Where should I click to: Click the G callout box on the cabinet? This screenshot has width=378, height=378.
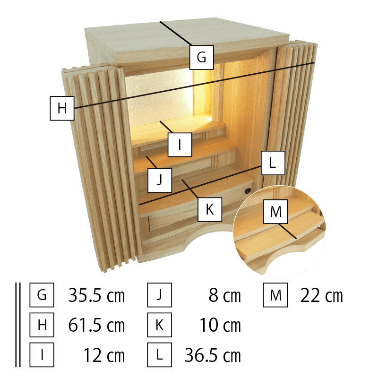point(201,57)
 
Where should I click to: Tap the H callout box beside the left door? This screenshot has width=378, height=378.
point(62,108)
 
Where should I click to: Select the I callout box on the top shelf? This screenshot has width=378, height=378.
point(180,145)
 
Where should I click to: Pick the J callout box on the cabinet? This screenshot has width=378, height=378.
point(159,180)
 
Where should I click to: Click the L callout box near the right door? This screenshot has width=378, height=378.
point(272,163)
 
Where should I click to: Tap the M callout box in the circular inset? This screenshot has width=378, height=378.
point(275,212)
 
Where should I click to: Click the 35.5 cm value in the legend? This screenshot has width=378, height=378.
point(96,296)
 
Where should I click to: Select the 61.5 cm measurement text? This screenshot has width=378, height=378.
point(96,326)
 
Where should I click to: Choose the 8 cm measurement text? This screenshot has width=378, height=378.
point(224,296)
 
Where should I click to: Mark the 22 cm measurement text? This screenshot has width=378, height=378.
point(321,296)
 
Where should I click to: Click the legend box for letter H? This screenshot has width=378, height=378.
point(42,326)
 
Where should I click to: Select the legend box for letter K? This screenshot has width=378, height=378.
point(159,326)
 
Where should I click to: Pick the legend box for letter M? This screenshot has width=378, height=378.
point(275,296)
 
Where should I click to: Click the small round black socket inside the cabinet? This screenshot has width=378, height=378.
point(247,191)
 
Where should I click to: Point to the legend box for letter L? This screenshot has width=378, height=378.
point(159,355)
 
